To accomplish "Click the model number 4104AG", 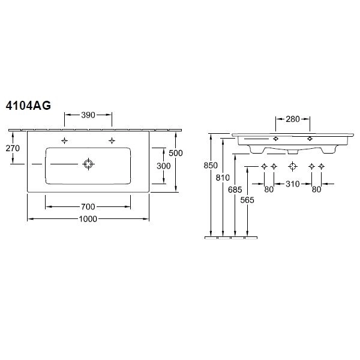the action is pyautogui.click(x=28, y=106).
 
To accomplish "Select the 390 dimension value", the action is pyautogui.click(x=88, y=115).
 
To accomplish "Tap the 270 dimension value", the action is pyautogui.click(x=13, y=148).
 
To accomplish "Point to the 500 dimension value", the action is pyautogui.click(x=176, y=153).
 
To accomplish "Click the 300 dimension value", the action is pyautogui.click(x=163, y=166).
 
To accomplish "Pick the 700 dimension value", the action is pyautogui.click(x=88, y=207).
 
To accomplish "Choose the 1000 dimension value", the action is pyautogui.click(x=88, y=219).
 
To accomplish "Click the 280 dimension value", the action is pyautogui.click(x=293, y=119).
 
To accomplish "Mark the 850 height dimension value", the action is pyautogui.click(x=211, y=166).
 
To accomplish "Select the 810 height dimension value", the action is pyautogui.click(x=223, y=178).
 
